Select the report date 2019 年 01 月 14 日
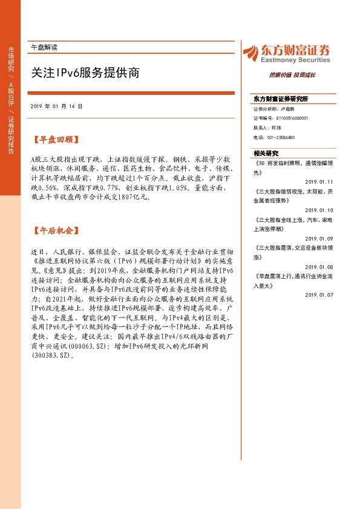(x=56, y=106)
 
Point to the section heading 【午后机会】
(x=55, y=231)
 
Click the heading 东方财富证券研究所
(x=280, y=99)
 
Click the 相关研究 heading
(x=266, y=153)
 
